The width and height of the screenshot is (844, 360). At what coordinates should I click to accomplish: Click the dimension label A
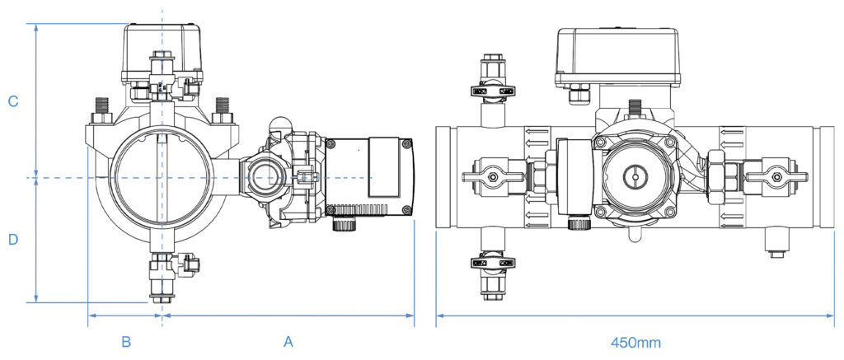click(x=288, y=342)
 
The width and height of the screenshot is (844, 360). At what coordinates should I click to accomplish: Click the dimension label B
click(x=126, y=342)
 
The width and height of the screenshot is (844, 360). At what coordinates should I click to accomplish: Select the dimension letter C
click(x=13, y=101)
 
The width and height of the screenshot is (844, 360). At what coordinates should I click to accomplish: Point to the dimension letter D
click(x=13, y=240)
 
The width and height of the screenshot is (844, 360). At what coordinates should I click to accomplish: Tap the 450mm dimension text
click(x=635, y=342)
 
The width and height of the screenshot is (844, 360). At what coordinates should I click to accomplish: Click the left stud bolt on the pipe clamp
click(x=101, y=110)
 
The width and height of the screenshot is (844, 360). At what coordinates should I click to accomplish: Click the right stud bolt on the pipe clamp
click(x=222, y=110)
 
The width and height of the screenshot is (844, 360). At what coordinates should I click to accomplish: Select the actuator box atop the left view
click(x=162, y=53)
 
